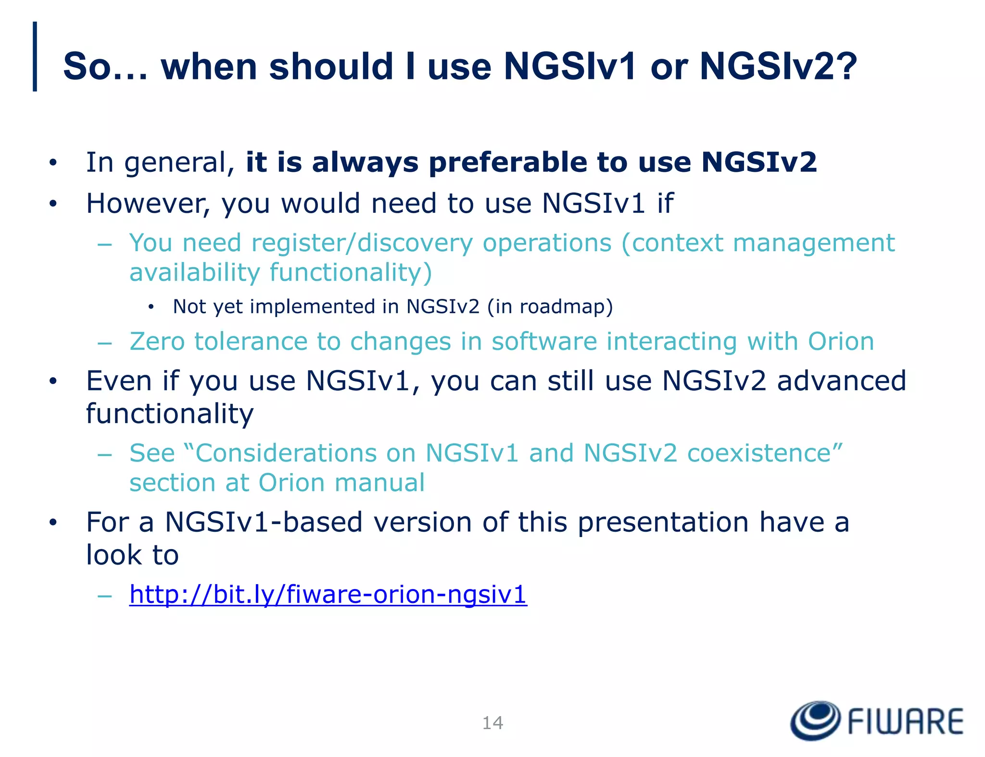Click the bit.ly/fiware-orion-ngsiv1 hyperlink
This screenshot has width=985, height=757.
point(328,595)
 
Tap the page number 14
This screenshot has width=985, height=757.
point(492,723)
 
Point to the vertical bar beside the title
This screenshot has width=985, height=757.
point(35,56)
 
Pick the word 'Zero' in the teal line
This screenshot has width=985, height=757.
point(157,342)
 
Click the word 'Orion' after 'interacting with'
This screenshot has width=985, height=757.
point(841,342)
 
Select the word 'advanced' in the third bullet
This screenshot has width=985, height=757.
point(841,381)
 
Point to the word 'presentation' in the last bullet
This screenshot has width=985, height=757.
point(663,523)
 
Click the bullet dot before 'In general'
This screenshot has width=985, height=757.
point(53,163)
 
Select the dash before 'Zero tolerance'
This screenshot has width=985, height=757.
point(104,343)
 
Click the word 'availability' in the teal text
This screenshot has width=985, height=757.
point(194,273)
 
